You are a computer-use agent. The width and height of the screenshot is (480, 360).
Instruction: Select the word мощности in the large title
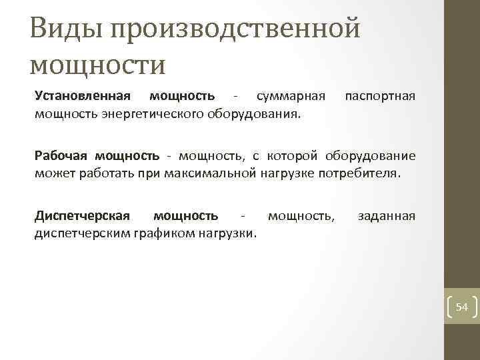tap(98, 65)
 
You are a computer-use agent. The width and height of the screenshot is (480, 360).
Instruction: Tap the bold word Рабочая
tap(61, 156)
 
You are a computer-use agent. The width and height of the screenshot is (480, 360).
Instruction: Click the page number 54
tap(462, 307)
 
